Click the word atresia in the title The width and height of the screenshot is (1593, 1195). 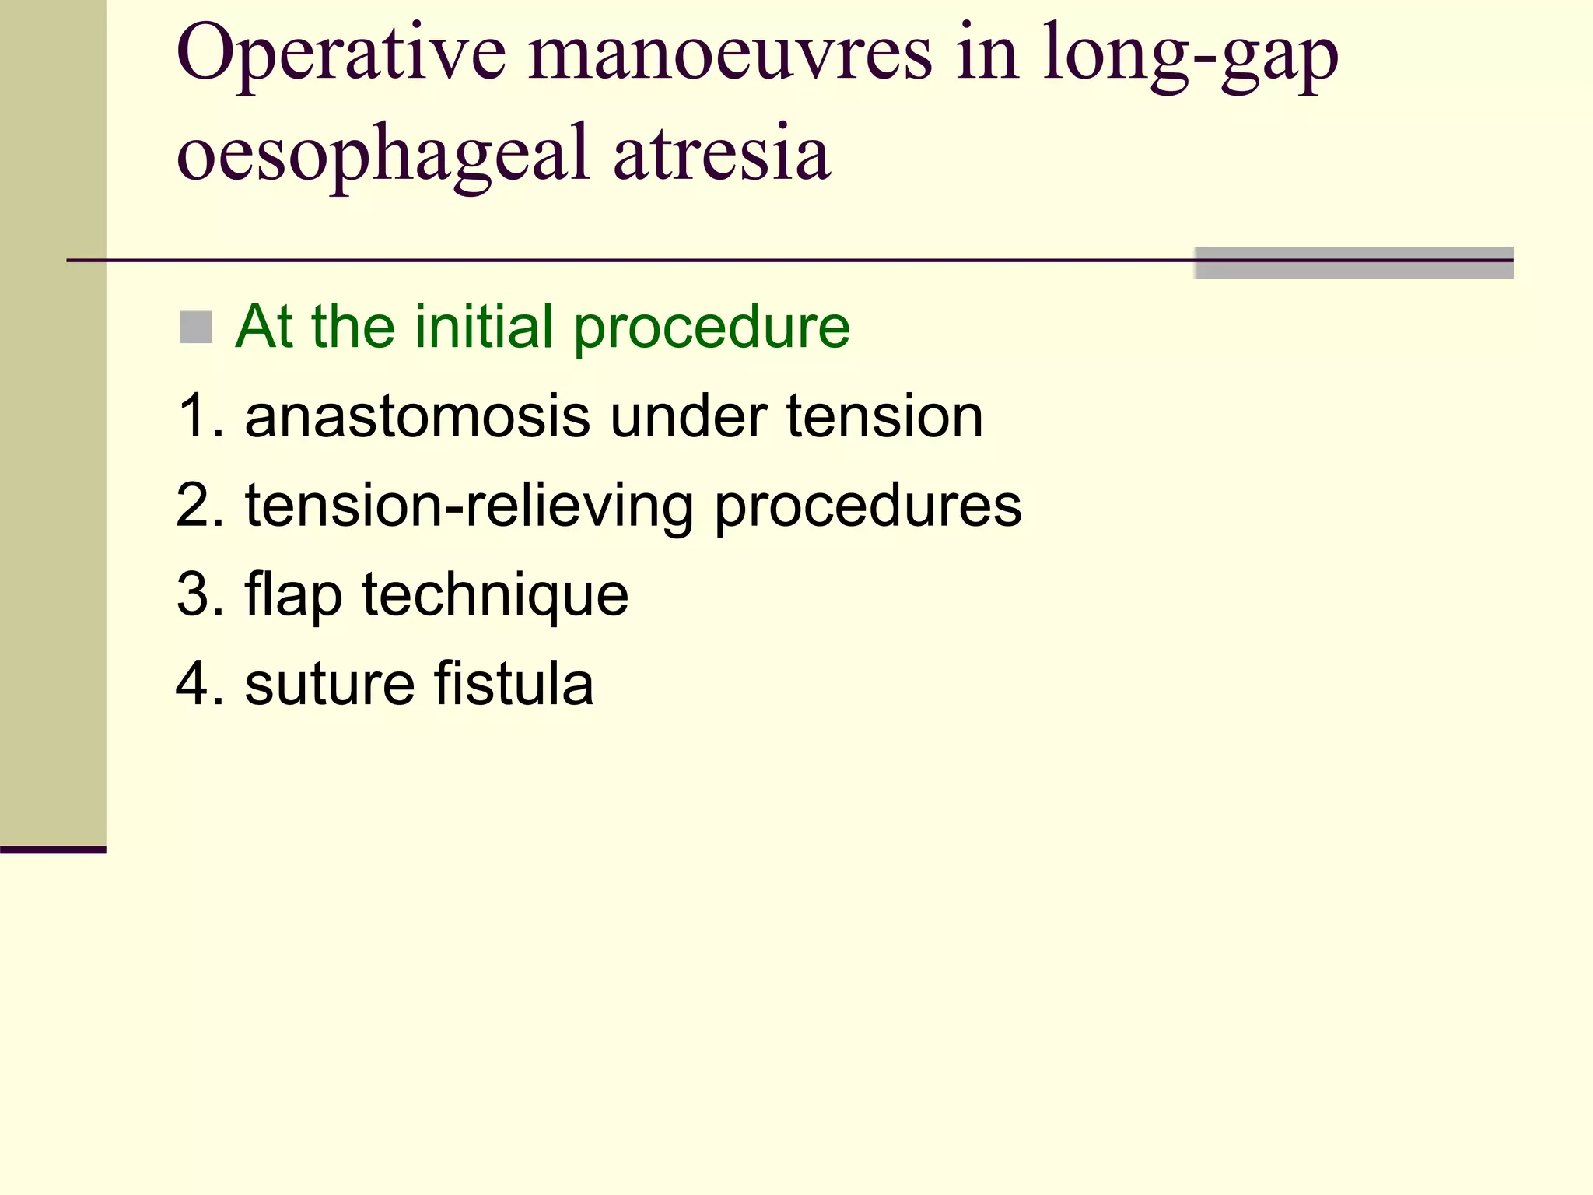721,152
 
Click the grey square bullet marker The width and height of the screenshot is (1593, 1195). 195,328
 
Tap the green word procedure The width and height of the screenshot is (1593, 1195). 712,328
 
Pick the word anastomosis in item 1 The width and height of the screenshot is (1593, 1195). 417,416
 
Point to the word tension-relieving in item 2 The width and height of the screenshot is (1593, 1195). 468,506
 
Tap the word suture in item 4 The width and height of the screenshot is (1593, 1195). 330,684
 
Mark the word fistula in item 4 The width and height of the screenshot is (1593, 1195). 513,684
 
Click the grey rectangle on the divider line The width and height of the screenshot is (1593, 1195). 1353,263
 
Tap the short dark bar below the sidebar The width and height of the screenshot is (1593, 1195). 53,850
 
